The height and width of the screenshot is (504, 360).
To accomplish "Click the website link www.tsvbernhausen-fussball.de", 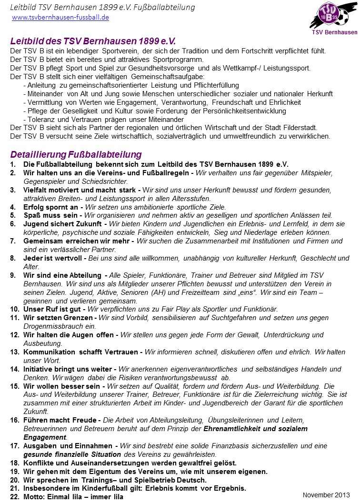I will tap(60, 17).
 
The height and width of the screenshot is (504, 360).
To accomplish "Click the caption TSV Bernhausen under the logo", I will tap(334, 32).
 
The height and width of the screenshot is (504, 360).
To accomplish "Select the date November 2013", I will tap(326, 495).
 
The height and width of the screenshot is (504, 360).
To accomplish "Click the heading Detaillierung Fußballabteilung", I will tap(76, 154).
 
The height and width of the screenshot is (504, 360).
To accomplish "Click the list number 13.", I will tap(14, 352).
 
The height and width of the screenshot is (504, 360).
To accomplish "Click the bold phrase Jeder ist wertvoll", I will tap(53, 258).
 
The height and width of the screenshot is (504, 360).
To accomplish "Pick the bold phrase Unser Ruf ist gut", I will tap(53, 309).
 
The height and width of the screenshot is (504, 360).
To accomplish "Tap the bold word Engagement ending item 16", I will tap(45, 437).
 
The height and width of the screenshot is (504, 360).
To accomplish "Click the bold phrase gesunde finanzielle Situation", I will tap(70, 454).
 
